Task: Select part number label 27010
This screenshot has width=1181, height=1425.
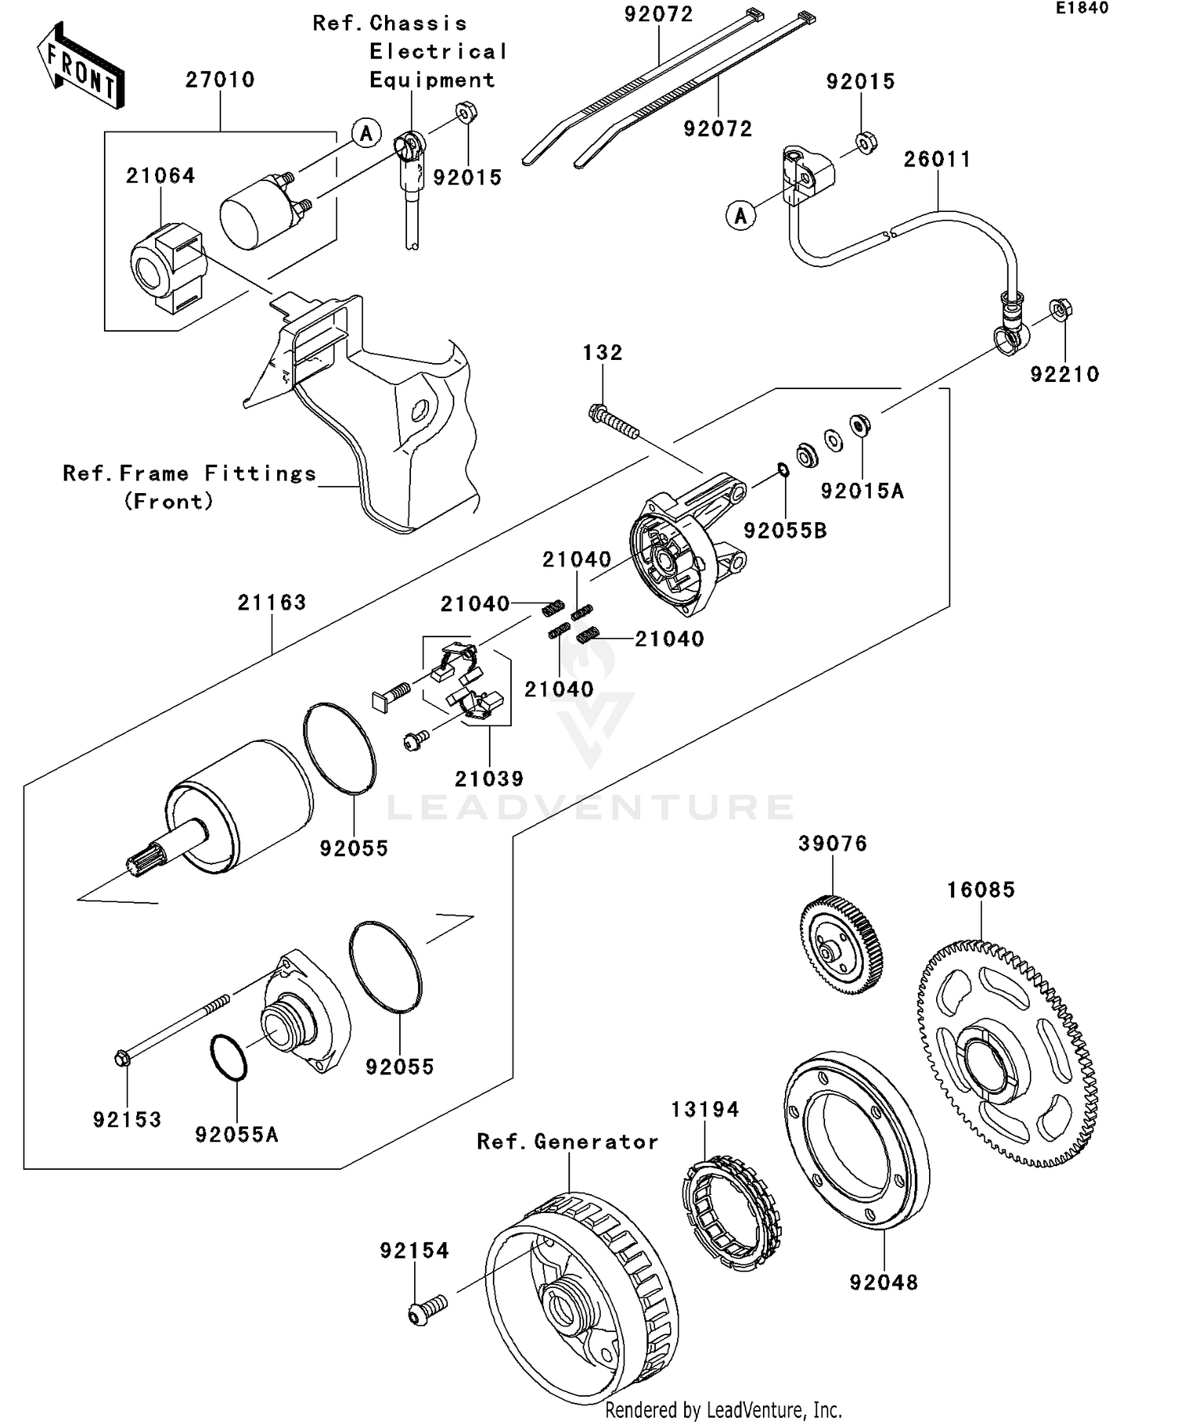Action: coord(220,80)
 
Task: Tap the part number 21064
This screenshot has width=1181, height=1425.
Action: coord(161,176)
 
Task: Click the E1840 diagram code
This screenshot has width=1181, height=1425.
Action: coord(1082,9)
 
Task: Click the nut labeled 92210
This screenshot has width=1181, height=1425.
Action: coord(1061,310)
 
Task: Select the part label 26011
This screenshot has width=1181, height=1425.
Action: coord(937,159)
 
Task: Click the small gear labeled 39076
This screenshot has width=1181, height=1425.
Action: coord(840,944)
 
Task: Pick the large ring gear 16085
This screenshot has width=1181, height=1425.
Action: coord(1008,1052)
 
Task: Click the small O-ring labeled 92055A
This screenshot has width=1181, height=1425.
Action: coord(229,1058)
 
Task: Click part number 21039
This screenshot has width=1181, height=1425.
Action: coord(489,779)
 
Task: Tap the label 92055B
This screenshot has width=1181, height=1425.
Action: coord(785,531)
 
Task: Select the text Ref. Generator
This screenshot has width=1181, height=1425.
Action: coord(568,1142)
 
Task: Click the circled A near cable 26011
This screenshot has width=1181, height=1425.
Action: coord(741,215)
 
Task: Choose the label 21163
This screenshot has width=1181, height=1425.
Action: coord(272,603)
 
